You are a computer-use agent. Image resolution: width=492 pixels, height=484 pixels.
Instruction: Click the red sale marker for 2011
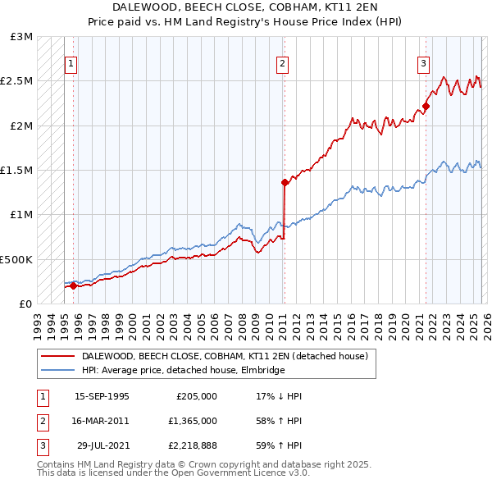coord(285,182)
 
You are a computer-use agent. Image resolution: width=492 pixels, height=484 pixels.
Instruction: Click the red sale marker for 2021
coord(426,107)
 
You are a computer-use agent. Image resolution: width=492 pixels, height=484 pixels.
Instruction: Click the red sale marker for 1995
coord(73,285)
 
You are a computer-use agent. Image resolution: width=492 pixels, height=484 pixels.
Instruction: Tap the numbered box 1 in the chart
coord(71,65)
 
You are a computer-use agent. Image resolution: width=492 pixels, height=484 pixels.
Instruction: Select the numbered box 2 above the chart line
coord(282,65)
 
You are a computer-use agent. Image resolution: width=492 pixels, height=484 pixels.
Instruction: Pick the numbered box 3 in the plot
coord(423,65)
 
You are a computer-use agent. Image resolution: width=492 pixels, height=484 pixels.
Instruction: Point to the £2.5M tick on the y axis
coord(16,81)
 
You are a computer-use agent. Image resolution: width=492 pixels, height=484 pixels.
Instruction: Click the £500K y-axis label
coord(16,259)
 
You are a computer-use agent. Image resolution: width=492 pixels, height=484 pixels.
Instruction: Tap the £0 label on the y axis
coord(24,304)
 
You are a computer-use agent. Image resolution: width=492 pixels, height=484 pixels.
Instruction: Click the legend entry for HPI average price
coord(183,371)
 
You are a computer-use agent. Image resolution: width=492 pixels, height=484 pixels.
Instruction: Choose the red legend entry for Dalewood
coord(229,357)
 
